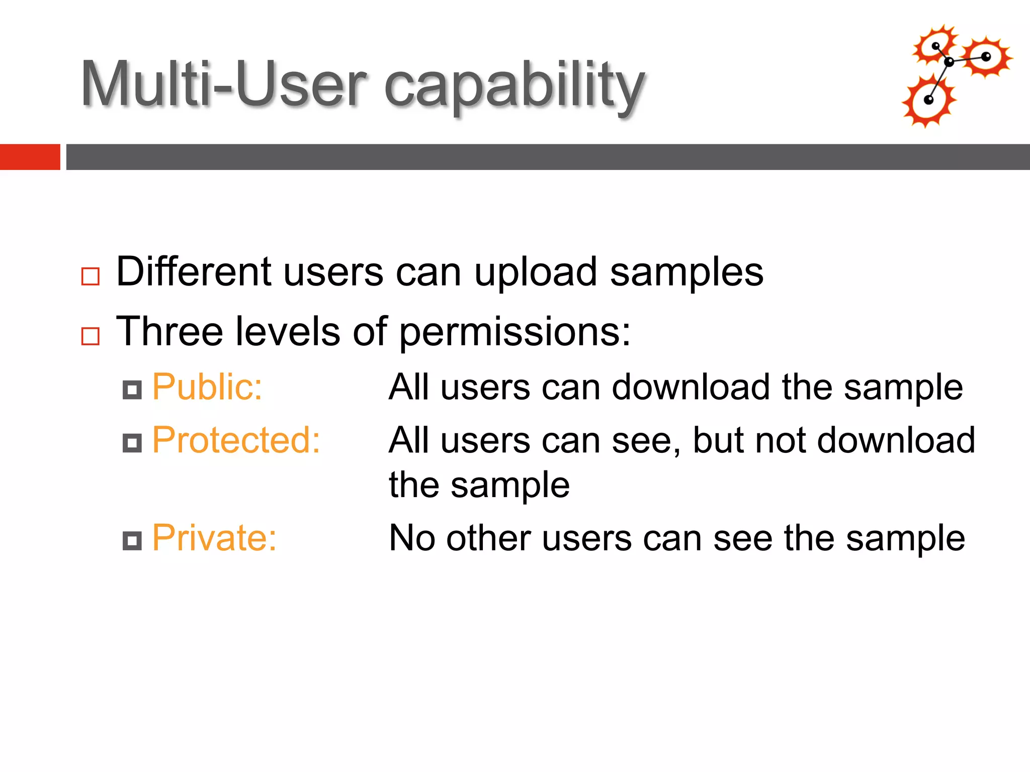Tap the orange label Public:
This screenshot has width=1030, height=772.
click(207, 387)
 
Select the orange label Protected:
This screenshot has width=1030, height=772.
click(236, 440)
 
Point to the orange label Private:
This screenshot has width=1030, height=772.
click(214, 538)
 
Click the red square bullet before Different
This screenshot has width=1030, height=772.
click(91, 276)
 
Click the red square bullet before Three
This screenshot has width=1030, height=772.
click(91, 336)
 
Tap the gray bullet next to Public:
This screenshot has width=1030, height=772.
click(132, 390)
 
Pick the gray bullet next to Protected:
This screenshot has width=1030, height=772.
click(132, 443)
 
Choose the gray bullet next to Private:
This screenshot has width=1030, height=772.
click(132, 541)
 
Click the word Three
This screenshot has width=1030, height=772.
click(169, 332)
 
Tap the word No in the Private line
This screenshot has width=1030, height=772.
click(412, 538)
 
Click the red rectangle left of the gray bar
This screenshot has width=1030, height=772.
click(30, 157)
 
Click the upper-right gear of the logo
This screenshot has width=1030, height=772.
click(986, 56)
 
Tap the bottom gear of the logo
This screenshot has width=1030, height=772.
click(928, 101)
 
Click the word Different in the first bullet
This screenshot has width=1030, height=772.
click(194, 272)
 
